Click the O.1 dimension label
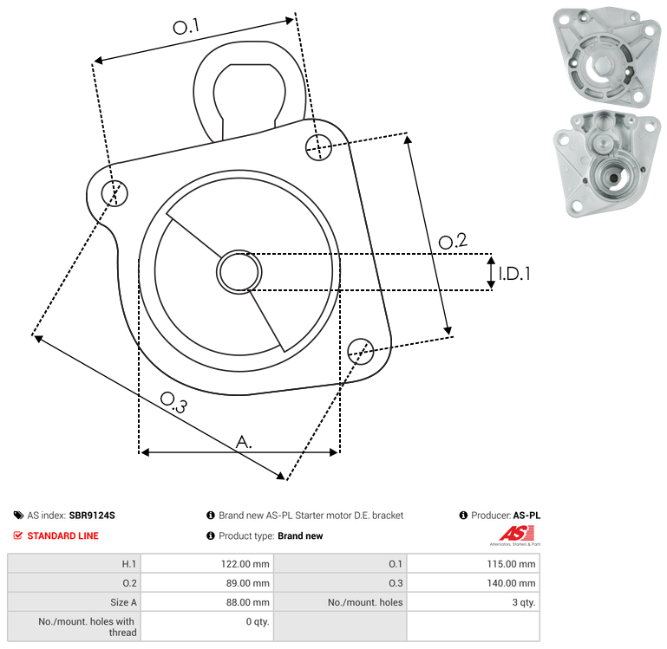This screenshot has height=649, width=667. point(186,27)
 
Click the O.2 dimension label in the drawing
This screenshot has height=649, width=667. point(453,242)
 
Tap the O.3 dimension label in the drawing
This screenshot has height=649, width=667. point(173,403)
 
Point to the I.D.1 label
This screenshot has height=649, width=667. point(514,274)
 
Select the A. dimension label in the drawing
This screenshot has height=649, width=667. point(244,442)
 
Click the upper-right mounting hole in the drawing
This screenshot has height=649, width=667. point(318,147)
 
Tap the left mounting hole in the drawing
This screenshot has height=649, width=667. point(114,193)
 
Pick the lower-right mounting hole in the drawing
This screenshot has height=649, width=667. point(361,352)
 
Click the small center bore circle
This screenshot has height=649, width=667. point(239,272)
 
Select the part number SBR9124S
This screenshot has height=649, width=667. point(92,516)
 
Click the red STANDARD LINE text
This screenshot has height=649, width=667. point(63,536)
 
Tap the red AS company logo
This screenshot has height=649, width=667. point(516,535)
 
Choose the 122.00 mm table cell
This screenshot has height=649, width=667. point(207,564)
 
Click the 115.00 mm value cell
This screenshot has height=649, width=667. point(473,564)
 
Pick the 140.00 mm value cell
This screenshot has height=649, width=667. point(473,583)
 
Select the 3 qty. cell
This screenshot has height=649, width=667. point(473,602)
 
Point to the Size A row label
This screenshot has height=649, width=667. point(123,602)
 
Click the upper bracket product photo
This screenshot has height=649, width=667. point(607,56)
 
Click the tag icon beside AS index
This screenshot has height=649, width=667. point(18,516)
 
